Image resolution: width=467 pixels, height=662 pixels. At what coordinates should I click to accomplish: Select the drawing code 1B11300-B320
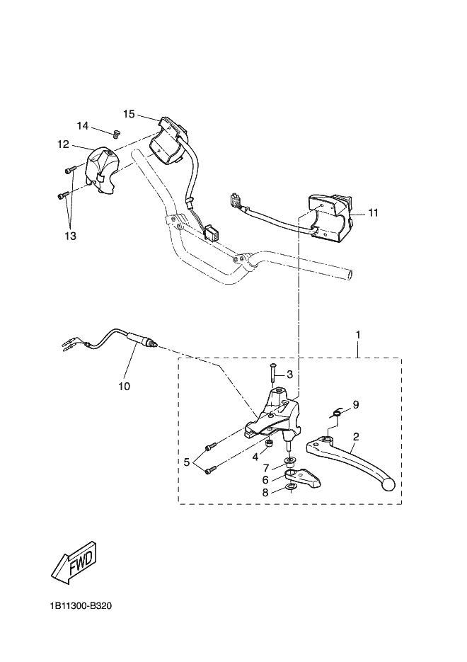[x=81, y=606]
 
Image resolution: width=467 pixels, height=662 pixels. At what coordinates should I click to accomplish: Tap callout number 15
[x=129, y=114]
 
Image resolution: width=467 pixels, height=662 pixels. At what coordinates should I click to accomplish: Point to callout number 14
[x=83, y=126]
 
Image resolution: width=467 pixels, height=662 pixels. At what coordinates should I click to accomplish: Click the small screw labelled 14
[x=115, y=134]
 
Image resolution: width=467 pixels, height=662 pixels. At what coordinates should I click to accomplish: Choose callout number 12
[x=63, y=144]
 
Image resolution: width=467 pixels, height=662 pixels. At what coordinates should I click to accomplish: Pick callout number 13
[x=71, y=236]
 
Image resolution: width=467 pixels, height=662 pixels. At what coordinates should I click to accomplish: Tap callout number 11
[x=374, y=212]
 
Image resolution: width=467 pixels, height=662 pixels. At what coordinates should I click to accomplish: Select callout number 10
[x=125, y=386]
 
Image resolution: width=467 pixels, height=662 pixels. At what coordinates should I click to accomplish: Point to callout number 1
[x=358, y=335]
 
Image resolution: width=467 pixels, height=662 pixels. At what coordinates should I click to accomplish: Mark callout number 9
[x=356, y=404]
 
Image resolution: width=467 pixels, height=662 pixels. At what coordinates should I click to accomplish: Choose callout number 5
[x=187, y=462]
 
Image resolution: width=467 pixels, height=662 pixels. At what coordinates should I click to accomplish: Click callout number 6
[x=265, y=480]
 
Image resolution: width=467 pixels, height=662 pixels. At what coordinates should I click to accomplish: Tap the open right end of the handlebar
[x=350, y=274]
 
